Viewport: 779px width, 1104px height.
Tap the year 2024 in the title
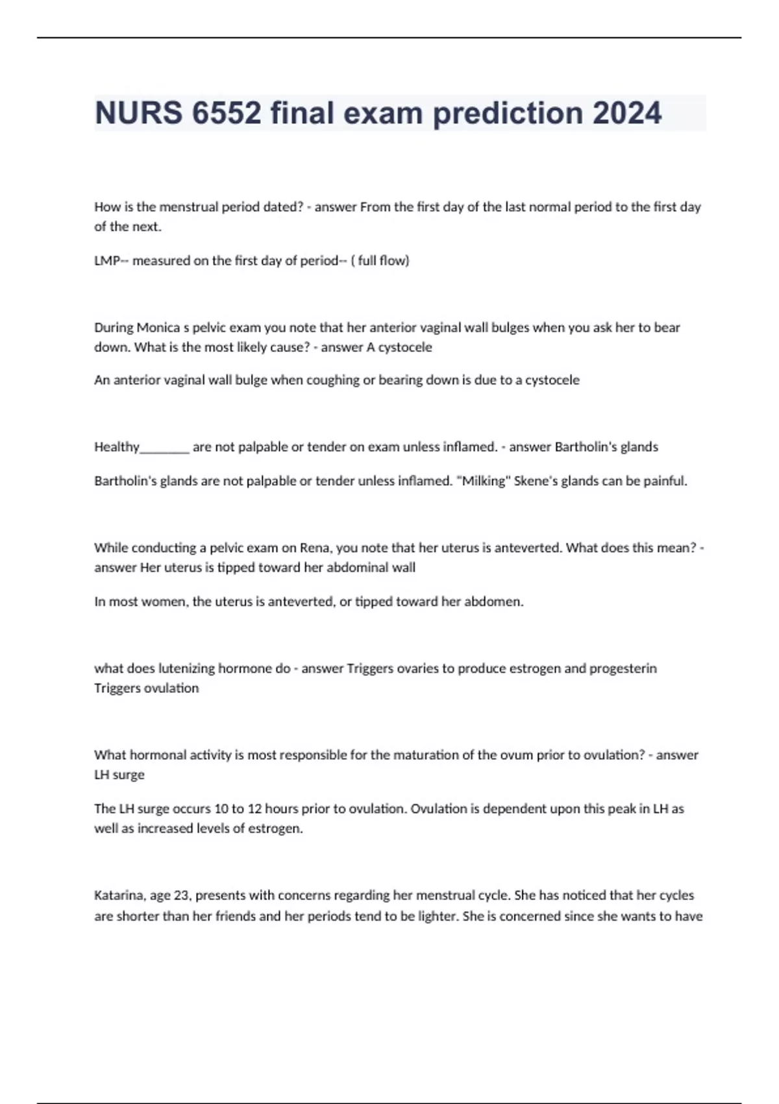626,113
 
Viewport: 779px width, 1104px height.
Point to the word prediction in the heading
507,113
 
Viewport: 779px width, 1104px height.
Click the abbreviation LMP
108,260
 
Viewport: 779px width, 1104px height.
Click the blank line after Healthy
165,447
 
